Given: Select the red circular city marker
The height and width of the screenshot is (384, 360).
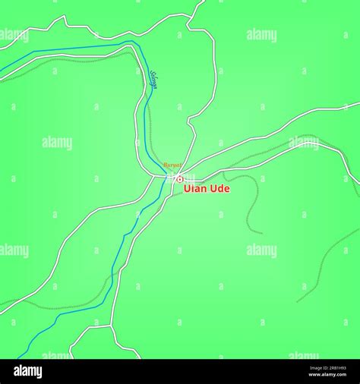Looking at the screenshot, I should tap(180, 179).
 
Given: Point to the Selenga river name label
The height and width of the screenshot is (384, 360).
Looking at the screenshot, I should tap(153, 79).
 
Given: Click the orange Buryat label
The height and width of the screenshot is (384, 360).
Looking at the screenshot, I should tap(172, 165).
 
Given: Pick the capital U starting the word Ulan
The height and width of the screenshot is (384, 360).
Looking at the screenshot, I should tap(188, 189).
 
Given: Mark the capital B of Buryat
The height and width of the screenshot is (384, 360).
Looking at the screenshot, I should tap(165, 165).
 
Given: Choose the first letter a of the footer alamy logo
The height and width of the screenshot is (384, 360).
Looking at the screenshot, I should tap(16, 371).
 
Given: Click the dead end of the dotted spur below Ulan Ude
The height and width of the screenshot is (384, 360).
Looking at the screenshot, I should tap(261, 232).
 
